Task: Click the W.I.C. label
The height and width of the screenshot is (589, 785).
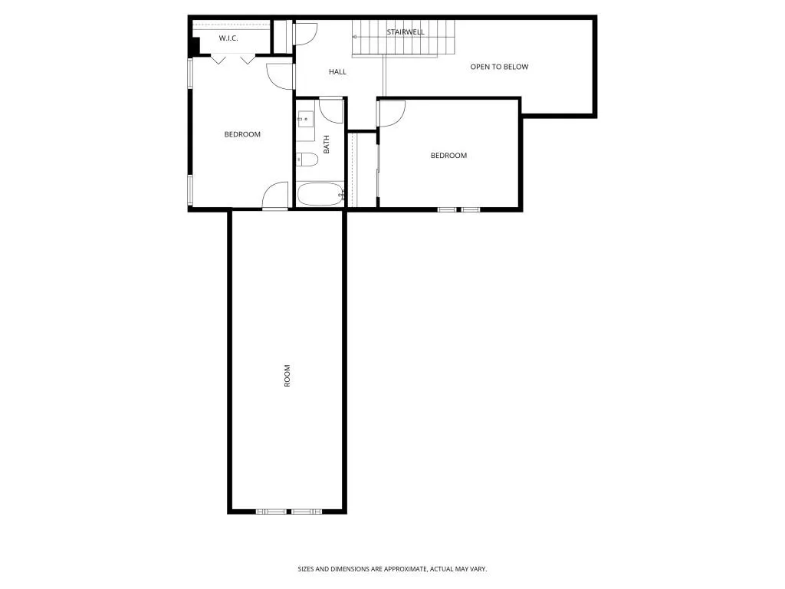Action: point(228,38)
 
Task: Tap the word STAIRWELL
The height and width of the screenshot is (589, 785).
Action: point(406,32)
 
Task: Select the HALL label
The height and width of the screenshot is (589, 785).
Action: point(337,72)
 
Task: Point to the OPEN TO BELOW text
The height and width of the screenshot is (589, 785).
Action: point(499,67)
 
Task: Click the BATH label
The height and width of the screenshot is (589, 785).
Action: point(327,144)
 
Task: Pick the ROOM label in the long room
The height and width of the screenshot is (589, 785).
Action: point(287,375)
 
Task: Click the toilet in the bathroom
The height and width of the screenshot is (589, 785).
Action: point(307,160)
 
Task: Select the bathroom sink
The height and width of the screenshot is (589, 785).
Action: point(305,120)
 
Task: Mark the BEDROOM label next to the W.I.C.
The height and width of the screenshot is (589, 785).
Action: point(242,134)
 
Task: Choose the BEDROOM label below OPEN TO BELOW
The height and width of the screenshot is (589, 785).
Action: point(448,156)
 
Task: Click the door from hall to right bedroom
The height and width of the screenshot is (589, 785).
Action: point(391,113)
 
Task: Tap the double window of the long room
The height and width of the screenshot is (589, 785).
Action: point(289,511)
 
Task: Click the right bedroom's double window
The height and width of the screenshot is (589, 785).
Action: point(458,209)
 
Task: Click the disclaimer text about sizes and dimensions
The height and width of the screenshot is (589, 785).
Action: point(392,569)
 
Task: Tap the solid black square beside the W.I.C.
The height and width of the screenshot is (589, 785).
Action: point(195,46)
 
